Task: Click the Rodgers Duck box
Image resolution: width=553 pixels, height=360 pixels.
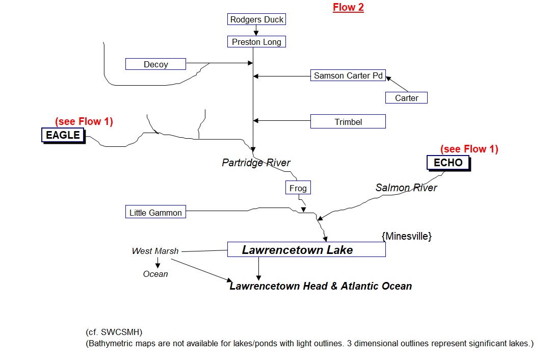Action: tap(256, 20)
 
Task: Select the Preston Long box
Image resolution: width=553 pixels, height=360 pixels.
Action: tap(256, 42)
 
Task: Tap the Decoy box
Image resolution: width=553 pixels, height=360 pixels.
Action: tap(155, 64)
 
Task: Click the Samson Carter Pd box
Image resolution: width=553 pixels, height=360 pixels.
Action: tap(348, 75)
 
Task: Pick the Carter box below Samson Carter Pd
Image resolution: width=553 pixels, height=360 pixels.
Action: tap(406, 98)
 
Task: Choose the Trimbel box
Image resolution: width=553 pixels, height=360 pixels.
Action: tap(348, 122)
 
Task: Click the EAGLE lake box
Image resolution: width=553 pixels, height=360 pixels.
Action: tap(63, 135)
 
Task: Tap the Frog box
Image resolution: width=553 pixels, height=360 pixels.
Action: tap(298, 188)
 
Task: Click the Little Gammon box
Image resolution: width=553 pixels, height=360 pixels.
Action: tap(155, 213)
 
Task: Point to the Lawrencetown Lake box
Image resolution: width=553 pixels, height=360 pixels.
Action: tap(306, 250)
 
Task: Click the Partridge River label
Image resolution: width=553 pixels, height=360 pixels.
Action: tap(256, 163)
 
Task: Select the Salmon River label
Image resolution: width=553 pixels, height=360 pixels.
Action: tap(406, 188)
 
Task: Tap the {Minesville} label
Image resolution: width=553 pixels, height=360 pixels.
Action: tap(406, 236)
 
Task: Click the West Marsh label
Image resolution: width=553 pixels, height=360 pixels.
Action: tap(155, 251)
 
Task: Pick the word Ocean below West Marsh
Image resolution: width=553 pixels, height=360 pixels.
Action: tap(155, 274)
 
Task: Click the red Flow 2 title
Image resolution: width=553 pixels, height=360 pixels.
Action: tap(348, 7)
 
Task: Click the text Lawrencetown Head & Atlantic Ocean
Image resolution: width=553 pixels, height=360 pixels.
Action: tap(321, 286)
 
